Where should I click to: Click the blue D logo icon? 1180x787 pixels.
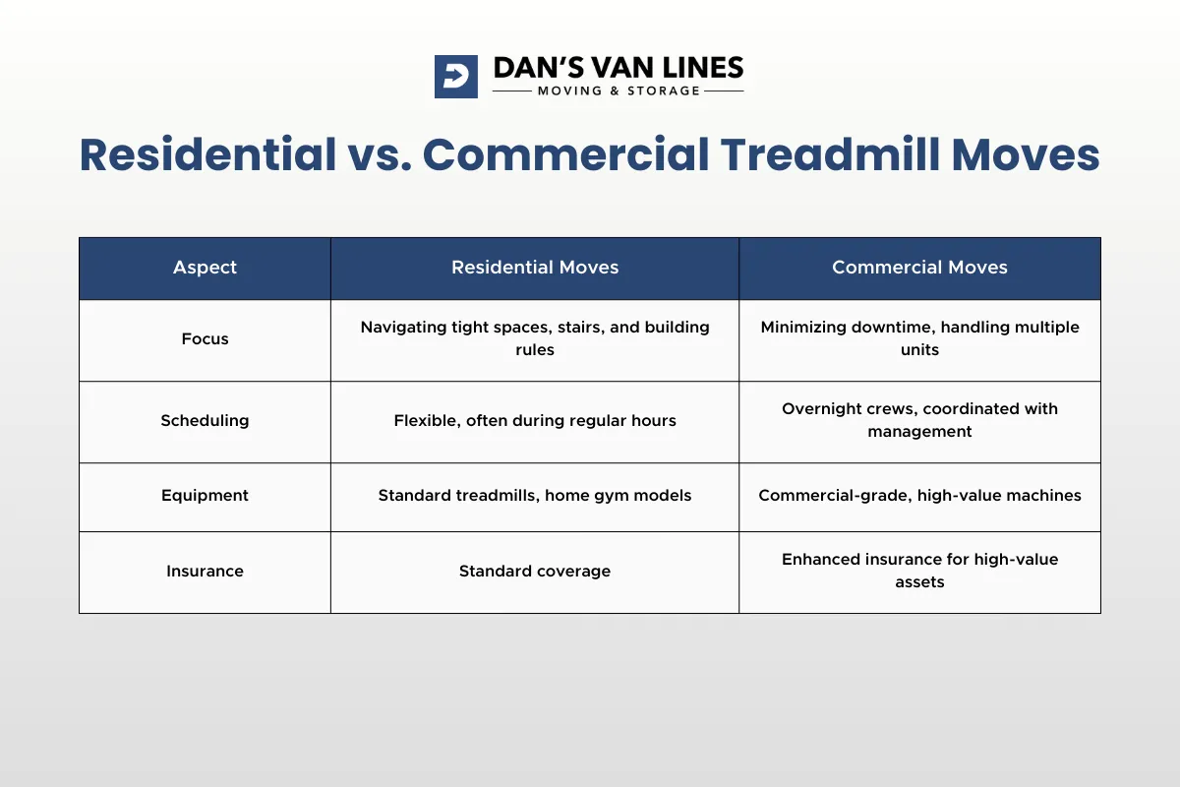coord(455,77)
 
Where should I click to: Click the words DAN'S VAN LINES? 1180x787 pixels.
coord(618,68)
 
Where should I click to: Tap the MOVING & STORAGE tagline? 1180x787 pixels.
coord(619,91)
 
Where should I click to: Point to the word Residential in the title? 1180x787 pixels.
coord(207,155)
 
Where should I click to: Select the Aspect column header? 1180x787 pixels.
coord(205,268)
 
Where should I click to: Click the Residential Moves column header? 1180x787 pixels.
coord(535,268)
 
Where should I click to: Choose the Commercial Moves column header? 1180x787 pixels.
coord(919,268)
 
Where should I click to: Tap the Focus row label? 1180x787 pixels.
coord(205,339)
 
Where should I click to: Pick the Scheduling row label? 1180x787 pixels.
coord(205,421)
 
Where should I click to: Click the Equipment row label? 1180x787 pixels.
coord(205,496)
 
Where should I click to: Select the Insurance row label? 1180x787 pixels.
coord(205,572)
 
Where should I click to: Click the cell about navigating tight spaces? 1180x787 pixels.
coord(535,338)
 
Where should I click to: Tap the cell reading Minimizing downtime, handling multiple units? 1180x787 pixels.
coord(919,338)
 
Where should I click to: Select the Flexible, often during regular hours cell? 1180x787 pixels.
coord(535,421)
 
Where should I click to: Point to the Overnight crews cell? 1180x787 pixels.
coord(919,420)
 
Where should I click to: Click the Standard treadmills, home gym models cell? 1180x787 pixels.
coord(535,496)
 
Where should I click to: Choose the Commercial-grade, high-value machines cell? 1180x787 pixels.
coord(919,496)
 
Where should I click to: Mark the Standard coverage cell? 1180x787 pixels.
coord(535,572)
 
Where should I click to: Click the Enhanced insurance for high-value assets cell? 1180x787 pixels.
coord(919,571)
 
